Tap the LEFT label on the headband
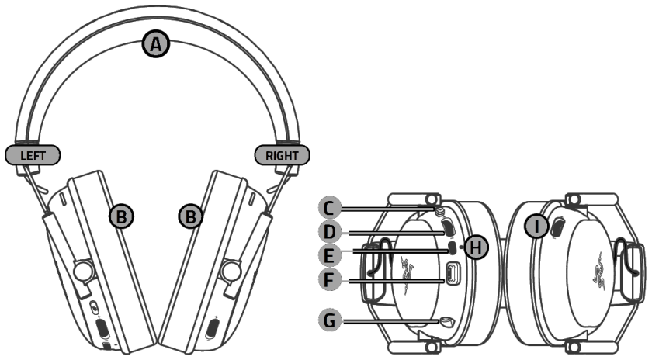(x=33, y=154)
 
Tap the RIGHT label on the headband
(x=281, y=154)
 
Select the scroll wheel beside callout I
(x=556, y=227)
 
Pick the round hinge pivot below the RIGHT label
(x=229, y=269)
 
